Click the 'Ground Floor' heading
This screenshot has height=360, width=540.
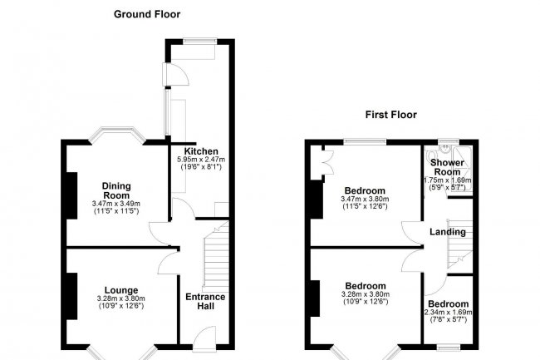pyautogui.click(x=146, y=14)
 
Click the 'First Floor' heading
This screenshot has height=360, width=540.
pyautogui.click(x=390, y=115)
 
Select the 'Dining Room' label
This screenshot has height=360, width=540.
pyautogui.click(x=116, y=190)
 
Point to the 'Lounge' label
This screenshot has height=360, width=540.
pyautogui.click(x=121, y=290)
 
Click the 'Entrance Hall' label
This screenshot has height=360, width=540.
pyautogui.click(x=204, y=303)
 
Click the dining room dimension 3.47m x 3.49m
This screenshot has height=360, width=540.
pyautogui.click(x=116, y=204)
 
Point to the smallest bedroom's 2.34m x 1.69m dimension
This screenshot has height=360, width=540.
pyautogui.click(x=448, y=313)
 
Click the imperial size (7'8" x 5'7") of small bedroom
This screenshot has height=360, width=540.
pyautogui.click(x=448, y=320)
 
